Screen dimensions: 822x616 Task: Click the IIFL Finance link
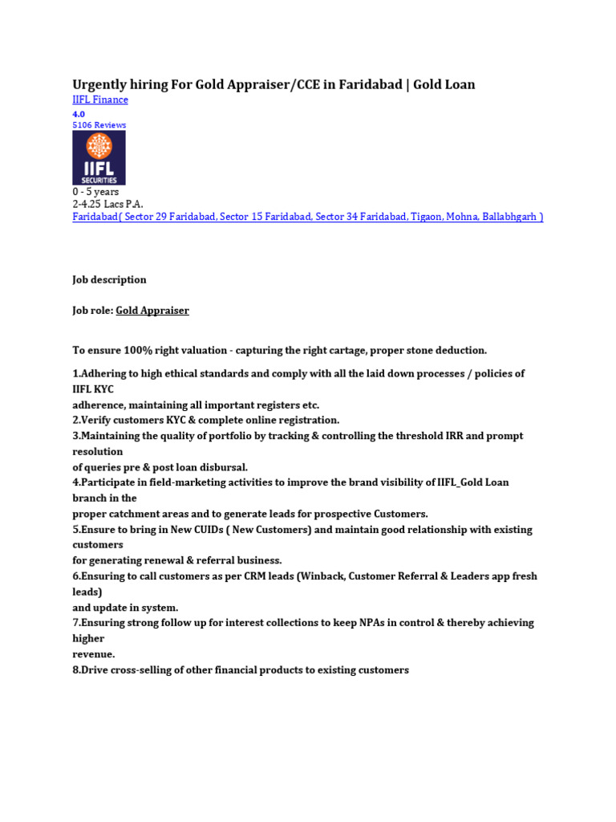100,100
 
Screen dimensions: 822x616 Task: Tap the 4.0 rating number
79,114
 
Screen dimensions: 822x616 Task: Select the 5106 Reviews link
99,125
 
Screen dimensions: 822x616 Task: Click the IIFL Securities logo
99,158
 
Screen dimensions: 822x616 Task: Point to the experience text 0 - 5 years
95,192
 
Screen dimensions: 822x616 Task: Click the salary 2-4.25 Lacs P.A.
107,204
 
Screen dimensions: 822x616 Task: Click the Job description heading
109,279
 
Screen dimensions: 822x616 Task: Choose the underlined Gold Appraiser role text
152,310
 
